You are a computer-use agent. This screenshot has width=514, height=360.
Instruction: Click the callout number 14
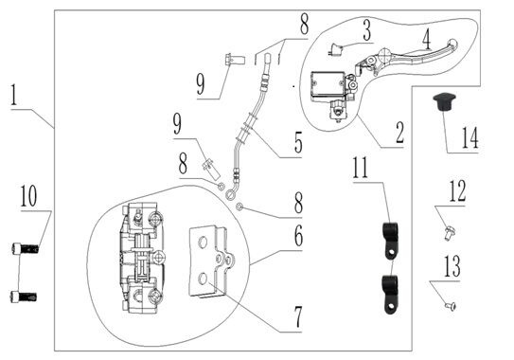pos(470,137)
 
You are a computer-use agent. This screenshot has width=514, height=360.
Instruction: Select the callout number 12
pos(457,191)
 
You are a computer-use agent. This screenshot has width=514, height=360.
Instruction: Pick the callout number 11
pos(361,168)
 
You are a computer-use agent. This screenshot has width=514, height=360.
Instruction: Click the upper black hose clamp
pos(390,241)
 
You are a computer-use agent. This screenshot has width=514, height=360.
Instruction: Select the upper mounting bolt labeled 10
pos(25,248)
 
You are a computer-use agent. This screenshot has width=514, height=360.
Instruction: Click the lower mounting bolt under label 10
pos(24,297)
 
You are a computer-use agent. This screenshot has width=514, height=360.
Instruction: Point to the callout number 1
pos(13,95)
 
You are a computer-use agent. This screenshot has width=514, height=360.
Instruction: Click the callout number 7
pos(297,317)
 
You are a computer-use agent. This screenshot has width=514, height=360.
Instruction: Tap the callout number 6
pos(298,236)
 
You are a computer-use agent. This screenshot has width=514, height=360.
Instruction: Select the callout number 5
pos(298,142)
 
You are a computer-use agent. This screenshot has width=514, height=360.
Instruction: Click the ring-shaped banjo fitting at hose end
pos(230,193)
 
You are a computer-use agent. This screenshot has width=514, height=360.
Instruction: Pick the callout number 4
pos(426,39)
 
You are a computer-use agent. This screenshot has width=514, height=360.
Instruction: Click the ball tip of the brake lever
pos(453,44)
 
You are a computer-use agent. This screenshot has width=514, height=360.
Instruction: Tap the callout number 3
pos(367,30)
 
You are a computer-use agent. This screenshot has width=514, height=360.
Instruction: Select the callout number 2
pos(399,133)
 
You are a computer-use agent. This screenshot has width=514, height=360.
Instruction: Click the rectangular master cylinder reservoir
pos(328,84)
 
